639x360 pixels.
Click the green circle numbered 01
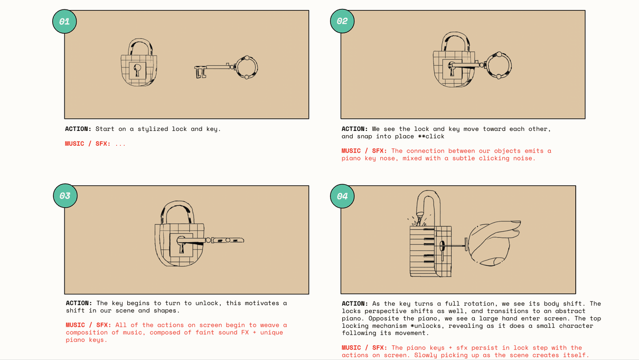pos(64,21)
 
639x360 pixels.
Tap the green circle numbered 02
pos(342,21)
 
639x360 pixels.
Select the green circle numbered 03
pos(65,196)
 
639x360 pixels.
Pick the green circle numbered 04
pos(342,196)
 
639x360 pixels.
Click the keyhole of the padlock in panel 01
pos(137,70)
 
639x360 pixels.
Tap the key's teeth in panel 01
pos(200,72)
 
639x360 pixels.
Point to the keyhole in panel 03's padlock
pos(181,244)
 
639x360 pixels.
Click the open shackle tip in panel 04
pos(420,213)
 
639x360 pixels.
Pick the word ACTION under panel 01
pos(78,129)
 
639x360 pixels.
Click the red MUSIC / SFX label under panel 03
pos(88,325)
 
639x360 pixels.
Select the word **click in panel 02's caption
pos(431,136)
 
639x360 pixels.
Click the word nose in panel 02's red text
pos(387,158)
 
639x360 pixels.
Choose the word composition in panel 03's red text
pos(87,333)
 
